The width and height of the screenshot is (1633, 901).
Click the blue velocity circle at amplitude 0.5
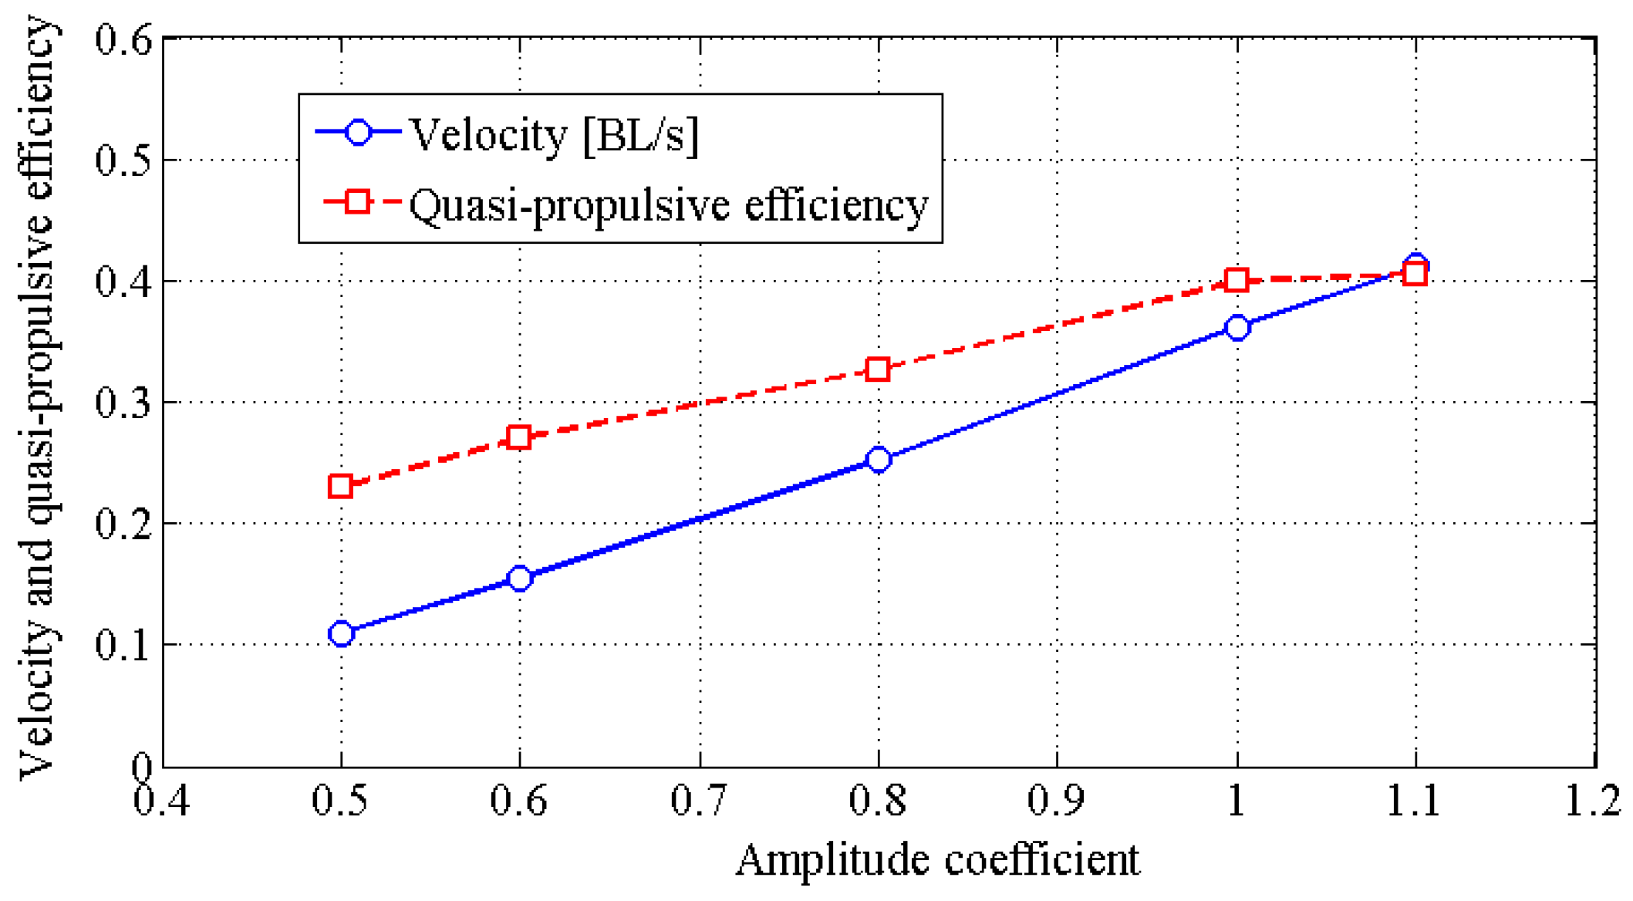[341, 633]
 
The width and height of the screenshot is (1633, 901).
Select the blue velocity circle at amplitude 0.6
[520, 578]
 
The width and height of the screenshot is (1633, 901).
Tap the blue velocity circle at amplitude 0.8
[878, 460]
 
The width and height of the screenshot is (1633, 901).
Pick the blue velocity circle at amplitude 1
[1237, 327]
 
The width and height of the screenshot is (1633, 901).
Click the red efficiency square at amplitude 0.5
[340, 486]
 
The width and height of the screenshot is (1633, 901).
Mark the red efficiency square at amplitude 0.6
[519, 437]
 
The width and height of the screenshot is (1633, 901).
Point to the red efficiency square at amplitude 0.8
[877, 369]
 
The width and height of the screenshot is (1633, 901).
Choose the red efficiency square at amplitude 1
[1237, 280]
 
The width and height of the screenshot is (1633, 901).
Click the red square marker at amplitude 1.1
[1415, 274]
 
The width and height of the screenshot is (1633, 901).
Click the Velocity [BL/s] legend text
[553, 135]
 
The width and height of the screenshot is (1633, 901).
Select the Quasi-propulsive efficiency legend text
[668, 205]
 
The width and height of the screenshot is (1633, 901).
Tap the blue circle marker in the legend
[358, 132]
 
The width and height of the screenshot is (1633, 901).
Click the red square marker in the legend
[357, 202]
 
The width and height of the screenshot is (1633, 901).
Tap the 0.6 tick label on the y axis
[123, 39]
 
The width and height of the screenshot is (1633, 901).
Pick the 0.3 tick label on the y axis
[123, 403]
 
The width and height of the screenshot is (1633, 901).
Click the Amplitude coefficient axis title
[937, 860]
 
